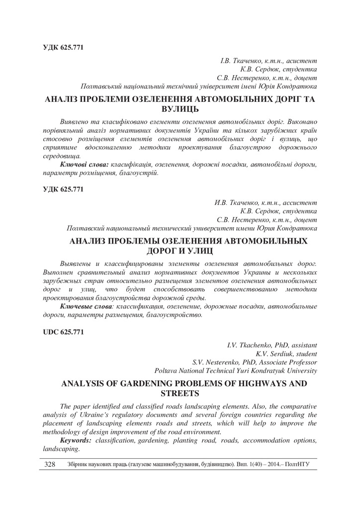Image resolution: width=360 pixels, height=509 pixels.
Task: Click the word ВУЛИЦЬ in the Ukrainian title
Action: click(x=180, y=108)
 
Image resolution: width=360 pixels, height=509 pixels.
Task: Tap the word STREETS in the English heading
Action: click(x=180, y=393)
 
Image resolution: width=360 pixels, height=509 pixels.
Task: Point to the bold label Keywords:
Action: click(x=76, y=440)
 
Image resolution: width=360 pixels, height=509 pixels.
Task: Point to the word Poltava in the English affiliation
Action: click(x=167, y=371)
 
